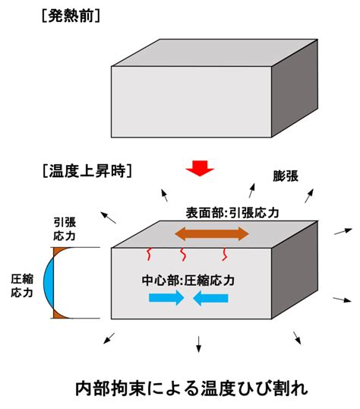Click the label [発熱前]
71,17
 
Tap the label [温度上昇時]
87,171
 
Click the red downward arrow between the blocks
200,169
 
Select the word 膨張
286,176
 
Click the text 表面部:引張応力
232,213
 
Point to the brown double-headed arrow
212,233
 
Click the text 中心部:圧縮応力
188,281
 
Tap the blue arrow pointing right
166,298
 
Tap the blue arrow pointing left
210,298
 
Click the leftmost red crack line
149,255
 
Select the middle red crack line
183,255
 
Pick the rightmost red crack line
225,255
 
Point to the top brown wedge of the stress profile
59,252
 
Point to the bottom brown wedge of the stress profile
59,314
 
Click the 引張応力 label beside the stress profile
65,230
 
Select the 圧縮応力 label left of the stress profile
22,286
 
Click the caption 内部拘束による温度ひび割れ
191,388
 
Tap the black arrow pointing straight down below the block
199,344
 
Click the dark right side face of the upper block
295,88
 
